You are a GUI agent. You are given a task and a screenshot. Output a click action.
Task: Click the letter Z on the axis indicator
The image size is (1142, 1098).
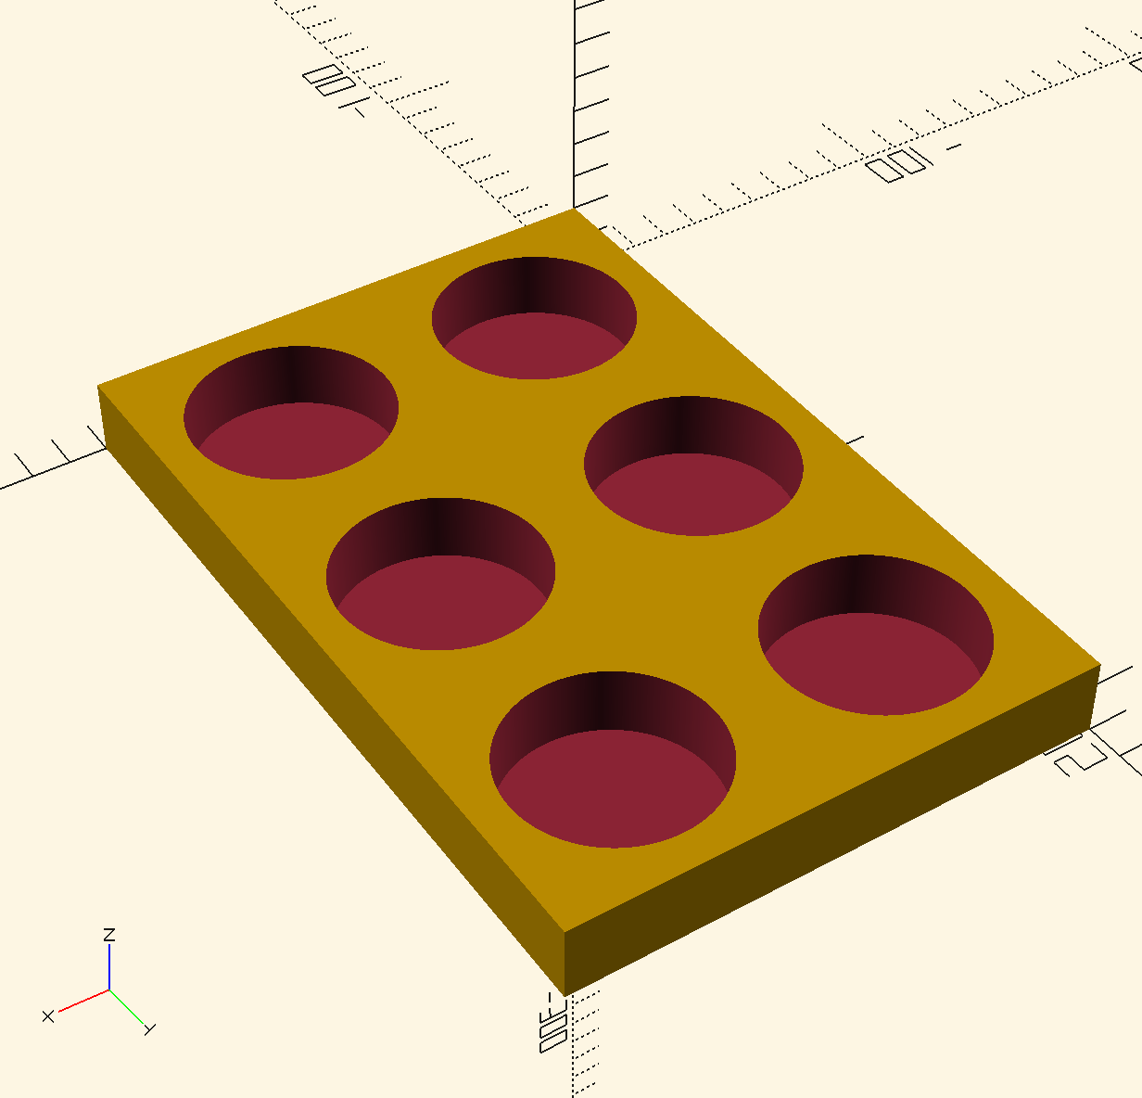click(109, 935)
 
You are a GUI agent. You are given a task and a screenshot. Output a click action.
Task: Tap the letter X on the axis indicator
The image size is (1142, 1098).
click(48, 1016)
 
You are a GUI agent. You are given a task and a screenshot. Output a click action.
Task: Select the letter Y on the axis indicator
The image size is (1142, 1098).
click(150, 1028)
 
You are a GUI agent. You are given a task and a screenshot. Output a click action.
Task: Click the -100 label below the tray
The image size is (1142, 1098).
click(552, 1024)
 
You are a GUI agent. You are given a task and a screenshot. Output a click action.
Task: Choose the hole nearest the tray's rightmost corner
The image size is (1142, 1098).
click(876, 664)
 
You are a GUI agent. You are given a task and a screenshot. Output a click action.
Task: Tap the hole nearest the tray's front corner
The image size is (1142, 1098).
click(612, 788)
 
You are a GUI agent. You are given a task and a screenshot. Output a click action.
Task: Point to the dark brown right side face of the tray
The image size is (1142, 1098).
click(834, 835)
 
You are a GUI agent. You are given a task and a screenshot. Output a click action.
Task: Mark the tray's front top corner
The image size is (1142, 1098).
click(565, 931)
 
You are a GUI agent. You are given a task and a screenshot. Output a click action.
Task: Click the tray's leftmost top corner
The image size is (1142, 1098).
click(98, 386)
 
